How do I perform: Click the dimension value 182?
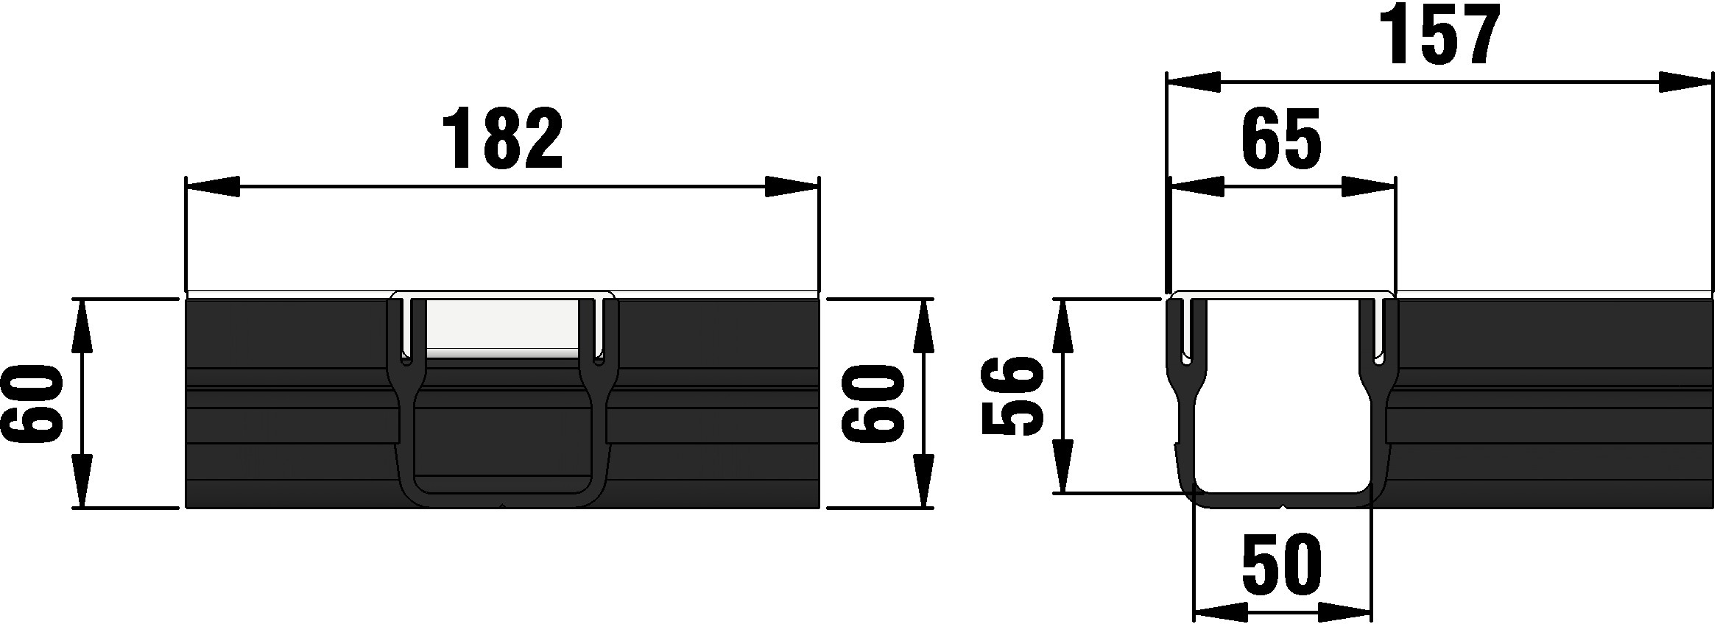tap(503, 140)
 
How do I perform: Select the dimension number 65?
tap(1282, 140)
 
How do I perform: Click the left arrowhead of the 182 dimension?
tap(214, 187)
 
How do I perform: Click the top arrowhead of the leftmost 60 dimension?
tap(82, 326)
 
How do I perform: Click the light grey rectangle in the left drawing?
tap(503, 328)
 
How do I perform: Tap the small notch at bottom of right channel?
tap(1283, 507)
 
